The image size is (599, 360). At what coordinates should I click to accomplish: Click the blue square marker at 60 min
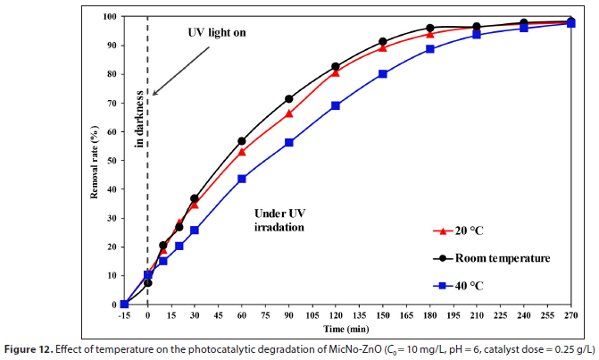(242, 179)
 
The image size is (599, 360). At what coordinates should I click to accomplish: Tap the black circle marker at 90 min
(288, 99)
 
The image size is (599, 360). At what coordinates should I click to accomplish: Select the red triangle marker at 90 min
(288, 113)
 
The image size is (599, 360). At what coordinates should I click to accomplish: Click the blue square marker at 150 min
(383, 74)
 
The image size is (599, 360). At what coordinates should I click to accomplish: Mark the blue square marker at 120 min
(336, 105)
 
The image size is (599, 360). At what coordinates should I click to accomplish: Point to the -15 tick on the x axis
(124, 315)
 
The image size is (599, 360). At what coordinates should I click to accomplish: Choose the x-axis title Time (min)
(345, 331)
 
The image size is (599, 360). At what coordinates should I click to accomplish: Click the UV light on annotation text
(215, 32)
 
